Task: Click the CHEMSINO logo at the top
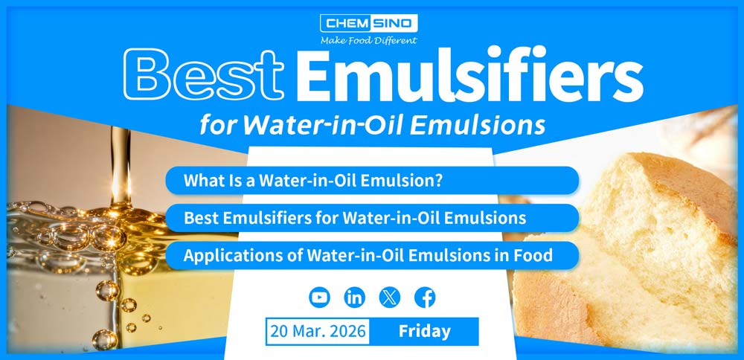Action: click(x=369, y=23)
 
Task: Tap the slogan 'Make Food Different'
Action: click(x=369, y=40)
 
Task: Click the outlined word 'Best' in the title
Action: click(x=204, y=75)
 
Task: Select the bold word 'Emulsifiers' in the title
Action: click(x=469, y=74)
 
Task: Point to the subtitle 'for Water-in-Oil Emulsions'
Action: click(x=372, y=126)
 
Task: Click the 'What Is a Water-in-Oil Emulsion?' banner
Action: click(x=372, y=180)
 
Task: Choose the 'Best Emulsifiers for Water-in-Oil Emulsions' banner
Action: click(x=372, y=218)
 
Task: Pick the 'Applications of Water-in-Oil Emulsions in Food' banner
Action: click(x=372, y=255)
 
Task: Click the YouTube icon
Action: click(x=319, y=298)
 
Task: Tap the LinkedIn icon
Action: click(x=354, y=298)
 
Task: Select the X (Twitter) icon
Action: click(x=390, y=298)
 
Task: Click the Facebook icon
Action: click(x=425, y=298)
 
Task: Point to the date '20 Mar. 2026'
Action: click(x=318, y=331)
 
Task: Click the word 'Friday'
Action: click(x=425, y=331)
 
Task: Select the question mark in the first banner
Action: click(x=439, y=181)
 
